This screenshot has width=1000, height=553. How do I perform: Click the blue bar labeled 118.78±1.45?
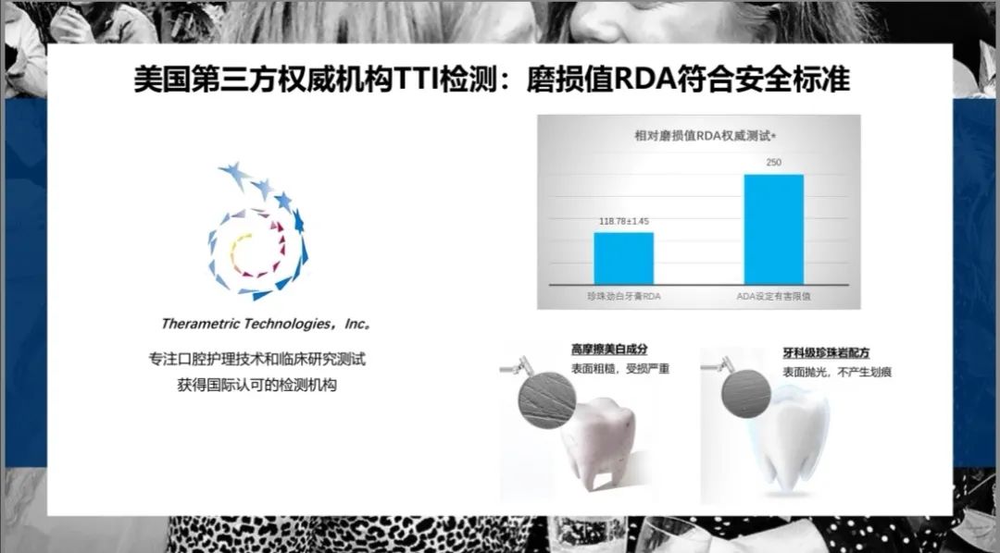click(623, 258)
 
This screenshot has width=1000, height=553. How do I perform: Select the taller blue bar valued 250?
click(773, 228)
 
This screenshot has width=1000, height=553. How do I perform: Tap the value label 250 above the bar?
click(773, 163)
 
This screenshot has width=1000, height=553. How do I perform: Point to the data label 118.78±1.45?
click(623, 222)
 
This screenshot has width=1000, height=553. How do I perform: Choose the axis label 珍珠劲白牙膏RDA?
click(623, 295)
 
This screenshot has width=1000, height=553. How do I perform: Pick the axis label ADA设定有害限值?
click(774, 295)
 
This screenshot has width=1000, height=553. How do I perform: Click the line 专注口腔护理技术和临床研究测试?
click(257, 359)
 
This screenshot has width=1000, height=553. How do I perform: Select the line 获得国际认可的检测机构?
click(257, 385)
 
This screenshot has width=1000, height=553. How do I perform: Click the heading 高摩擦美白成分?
click(608, 350)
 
